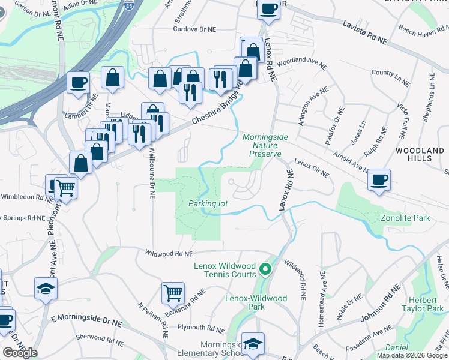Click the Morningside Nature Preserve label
265,145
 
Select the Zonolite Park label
405,217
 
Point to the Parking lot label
208,204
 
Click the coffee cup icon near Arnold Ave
379,179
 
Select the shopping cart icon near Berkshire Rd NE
173,293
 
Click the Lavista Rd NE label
365,32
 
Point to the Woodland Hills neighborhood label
414,154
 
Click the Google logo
20,353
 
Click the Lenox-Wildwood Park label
256,302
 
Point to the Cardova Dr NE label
194,28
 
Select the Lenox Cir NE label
311,169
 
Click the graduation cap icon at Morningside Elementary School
253,343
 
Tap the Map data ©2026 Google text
411,355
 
